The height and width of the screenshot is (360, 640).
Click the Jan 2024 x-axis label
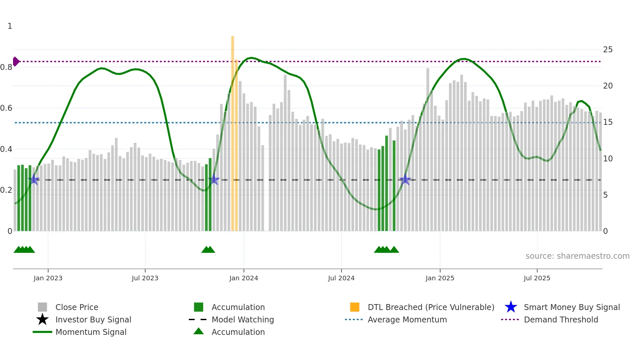(244, 278)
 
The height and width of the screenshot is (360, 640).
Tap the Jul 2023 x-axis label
(145, 278)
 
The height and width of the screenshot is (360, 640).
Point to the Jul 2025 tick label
(537, 278)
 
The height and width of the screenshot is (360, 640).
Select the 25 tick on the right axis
(608, 50)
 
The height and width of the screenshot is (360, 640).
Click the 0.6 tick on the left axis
(6, 108)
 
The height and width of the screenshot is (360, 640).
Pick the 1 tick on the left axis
(10, 26)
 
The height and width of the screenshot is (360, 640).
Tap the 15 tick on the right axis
(608, 122)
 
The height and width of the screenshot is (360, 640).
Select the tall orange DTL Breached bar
(232, 131)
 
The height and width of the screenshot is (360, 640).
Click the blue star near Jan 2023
(34, 180)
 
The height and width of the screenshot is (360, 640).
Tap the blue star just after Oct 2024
(405, 179)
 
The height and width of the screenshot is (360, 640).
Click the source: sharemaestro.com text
(577, 256)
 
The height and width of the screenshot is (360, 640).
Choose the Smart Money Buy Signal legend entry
(571, 307)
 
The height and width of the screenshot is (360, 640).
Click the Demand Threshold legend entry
(561, 319)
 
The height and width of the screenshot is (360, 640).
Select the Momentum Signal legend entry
(91, 332)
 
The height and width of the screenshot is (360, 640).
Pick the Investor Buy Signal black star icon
(42, 319)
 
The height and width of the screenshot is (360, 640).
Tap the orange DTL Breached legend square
(355, 307)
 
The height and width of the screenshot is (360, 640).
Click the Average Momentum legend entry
(407, 319)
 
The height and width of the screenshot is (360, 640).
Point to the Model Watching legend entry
(242, 319)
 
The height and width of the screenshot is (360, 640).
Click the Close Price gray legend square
(42, 307)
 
